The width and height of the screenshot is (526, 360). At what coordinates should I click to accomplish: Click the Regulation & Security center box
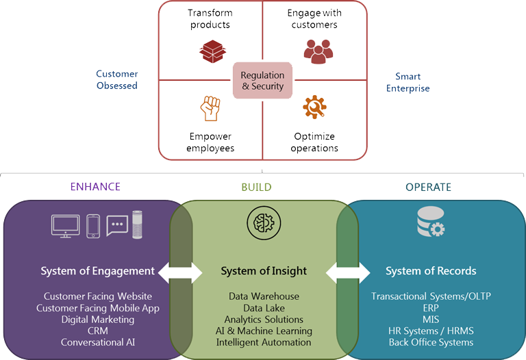pos(262,80)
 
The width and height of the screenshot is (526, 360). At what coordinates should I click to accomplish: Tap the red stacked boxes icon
pos(211,51)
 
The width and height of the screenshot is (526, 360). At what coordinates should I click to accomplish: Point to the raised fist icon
pos(210,108)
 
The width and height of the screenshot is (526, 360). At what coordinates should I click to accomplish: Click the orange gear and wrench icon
pos(314,107)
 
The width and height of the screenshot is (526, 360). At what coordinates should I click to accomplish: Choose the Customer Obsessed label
pos(116,79)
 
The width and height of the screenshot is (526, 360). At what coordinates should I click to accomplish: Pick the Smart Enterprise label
pos(408,82)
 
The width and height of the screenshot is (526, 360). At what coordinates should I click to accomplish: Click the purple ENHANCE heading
pos(95,187)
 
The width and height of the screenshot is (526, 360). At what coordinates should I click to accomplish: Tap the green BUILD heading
pos(256,187)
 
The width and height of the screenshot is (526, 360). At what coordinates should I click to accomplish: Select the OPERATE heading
pos(428,187)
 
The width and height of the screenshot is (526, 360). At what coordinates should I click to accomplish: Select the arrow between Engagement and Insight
pos(180,272)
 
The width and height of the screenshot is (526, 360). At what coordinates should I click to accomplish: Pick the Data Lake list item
pos(264,308)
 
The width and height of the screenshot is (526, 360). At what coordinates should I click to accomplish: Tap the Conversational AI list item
pos(97,342)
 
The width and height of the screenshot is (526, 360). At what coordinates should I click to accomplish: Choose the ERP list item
pos(431,308)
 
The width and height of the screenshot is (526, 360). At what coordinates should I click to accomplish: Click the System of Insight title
pos(264,271)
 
